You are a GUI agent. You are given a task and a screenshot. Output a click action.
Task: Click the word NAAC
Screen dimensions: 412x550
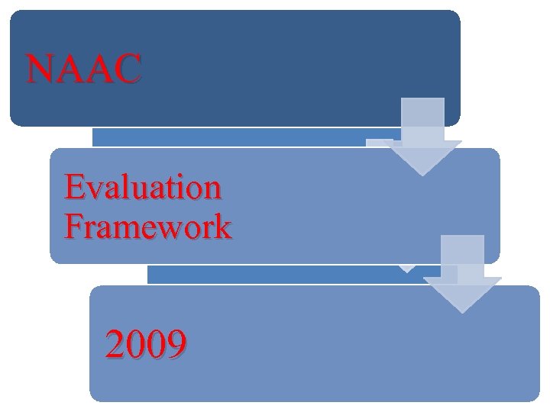(84, 69)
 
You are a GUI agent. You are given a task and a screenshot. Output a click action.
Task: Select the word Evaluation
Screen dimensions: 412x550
(144, 188)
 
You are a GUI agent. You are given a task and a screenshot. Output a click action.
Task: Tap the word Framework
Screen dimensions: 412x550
(148, 227)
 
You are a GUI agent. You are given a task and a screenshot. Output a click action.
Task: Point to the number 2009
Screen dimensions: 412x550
(146, 346)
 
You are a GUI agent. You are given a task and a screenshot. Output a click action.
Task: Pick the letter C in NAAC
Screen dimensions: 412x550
(128, 69)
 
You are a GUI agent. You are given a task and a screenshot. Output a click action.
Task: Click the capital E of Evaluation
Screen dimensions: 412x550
(75, 188)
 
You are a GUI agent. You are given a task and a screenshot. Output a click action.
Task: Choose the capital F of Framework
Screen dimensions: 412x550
(74, 227)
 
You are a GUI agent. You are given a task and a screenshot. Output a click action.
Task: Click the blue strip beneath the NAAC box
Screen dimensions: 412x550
(229, 137)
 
